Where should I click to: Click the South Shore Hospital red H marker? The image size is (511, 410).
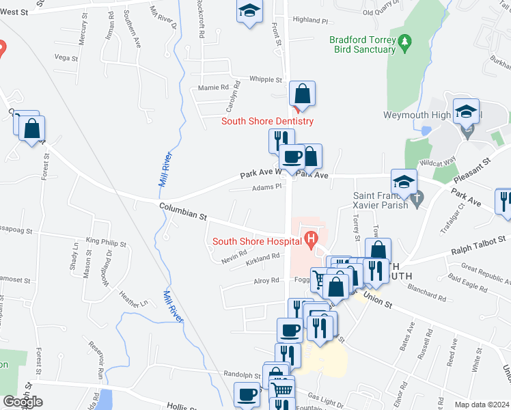[x=312, y=241]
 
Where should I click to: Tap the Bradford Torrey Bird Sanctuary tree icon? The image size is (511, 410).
[x=404, y=41]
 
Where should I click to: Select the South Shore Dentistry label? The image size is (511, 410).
[x=267, y=122]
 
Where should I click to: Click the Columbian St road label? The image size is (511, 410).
[x=183, y=210]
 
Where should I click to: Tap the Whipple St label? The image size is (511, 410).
[x=266, y=80]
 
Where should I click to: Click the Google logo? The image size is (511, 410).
[x=23, y=402]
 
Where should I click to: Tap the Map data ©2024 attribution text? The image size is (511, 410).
[x=482, y=405]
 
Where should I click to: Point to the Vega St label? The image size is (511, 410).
[x=66, y=58]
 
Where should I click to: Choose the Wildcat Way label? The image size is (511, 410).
[x=438, y=163]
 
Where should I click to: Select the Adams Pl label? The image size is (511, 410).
[x=266, y=187]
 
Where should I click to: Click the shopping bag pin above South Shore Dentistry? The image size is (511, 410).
[x=301, y=95]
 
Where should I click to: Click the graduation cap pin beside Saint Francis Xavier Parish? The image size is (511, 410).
[x=404, y=182]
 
